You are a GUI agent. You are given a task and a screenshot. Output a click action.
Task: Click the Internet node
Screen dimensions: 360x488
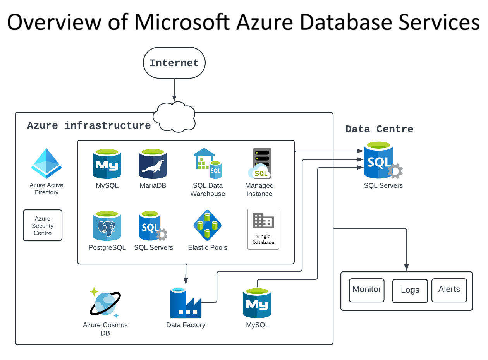[174, 63]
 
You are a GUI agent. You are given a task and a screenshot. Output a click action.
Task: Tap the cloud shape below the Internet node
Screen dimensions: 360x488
[174, 117]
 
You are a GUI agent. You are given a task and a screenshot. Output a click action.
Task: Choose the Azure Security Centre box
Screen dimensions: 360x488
[43, 225]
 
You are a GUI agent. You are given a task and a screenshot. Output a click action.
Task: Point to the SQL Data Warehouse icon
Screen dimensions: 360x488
[207, 163]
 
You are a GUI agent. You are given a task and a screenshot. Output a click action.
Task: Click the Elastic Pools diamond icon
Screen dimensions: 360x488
[207, 225]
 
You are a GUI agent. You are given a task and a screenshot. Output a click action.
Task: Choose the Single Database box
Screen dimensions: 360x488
[263, 229]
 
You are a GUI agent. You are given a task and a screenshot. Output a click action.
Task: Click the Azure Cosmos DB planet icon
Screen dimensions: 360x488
[105, 303]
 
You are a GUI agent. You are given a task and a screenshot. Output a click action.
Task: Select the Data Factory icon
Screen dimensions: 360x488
[186, 303]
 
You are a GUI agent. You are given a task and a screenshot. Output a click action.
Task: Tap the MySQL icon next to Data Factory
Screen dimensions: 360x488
[257, 303]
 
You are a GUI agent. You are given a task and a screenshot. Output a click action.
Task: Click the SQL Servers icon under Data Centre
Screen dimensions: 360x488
[381, 160]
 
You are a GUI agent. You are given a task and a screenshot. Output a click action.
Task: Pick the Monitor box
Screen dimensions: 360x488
[367, 290]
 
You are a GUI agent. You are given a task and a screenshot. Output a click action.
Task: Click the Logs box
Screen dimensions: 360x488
[410, 291]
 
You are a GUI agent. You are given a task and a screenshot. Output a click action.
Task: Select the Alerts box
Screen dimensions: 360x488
[449, 290]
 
